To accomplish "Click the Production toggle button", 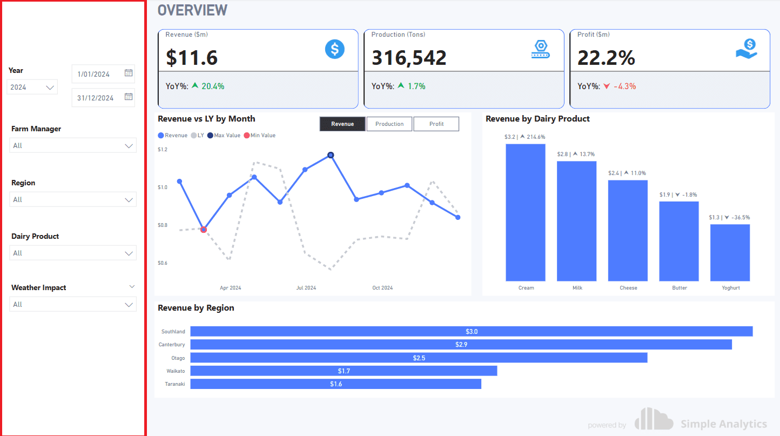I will coord(389,124).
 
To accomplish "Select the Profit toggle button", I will coord(436,124).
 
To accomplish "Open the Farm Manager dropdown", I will coord(73,145).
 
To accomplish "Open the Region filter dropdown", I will coord(73,199).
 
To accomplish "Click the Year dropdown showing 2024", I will coord(32,87).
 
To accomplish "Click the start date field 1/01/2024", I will coord(94,74).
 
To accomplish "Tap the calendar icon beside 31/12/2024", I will coord(129,97).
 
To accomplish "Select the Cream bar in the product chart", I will coord(526,212).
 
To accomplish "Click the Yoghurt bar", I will coord(730,252).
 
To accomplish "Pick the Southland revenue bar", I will coord(471,331).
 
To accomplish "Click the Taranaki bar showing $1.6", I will coord(335,384).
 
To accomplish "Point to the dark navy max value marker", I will coord(331,155).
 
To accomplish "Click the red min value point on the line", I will coord(204,230).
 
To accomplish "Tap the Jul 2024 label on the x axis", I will coord(306,288).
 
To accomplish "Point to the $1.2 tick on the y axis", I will coord(163,149).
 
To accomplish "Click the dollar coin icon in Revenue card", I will coord(334,49).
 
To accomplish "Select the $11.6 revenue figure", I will coord(192,58).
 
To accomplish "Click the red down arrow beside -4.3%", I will coord(606,86).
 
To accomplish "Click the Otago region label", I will coord(178,358).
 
